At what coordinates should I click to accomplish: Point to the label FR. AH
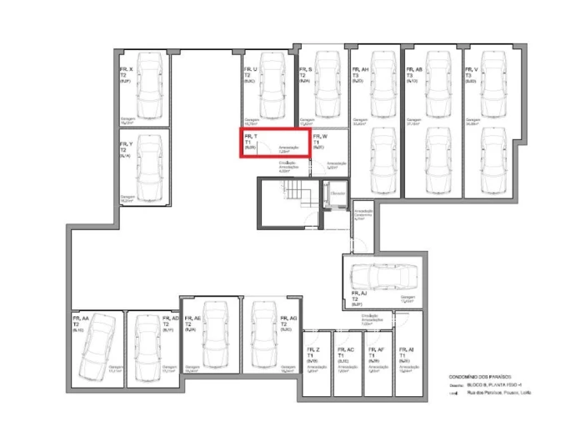tap(360, 69)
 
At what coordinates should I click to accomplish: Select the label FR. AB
tap(414, 69)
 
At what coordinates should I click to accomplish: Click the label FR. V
tap(471, 69)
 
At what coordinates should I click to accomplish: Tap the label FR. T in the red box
tap(250, 136)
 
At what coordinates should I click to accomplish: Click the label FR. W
tap(320, 136)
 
